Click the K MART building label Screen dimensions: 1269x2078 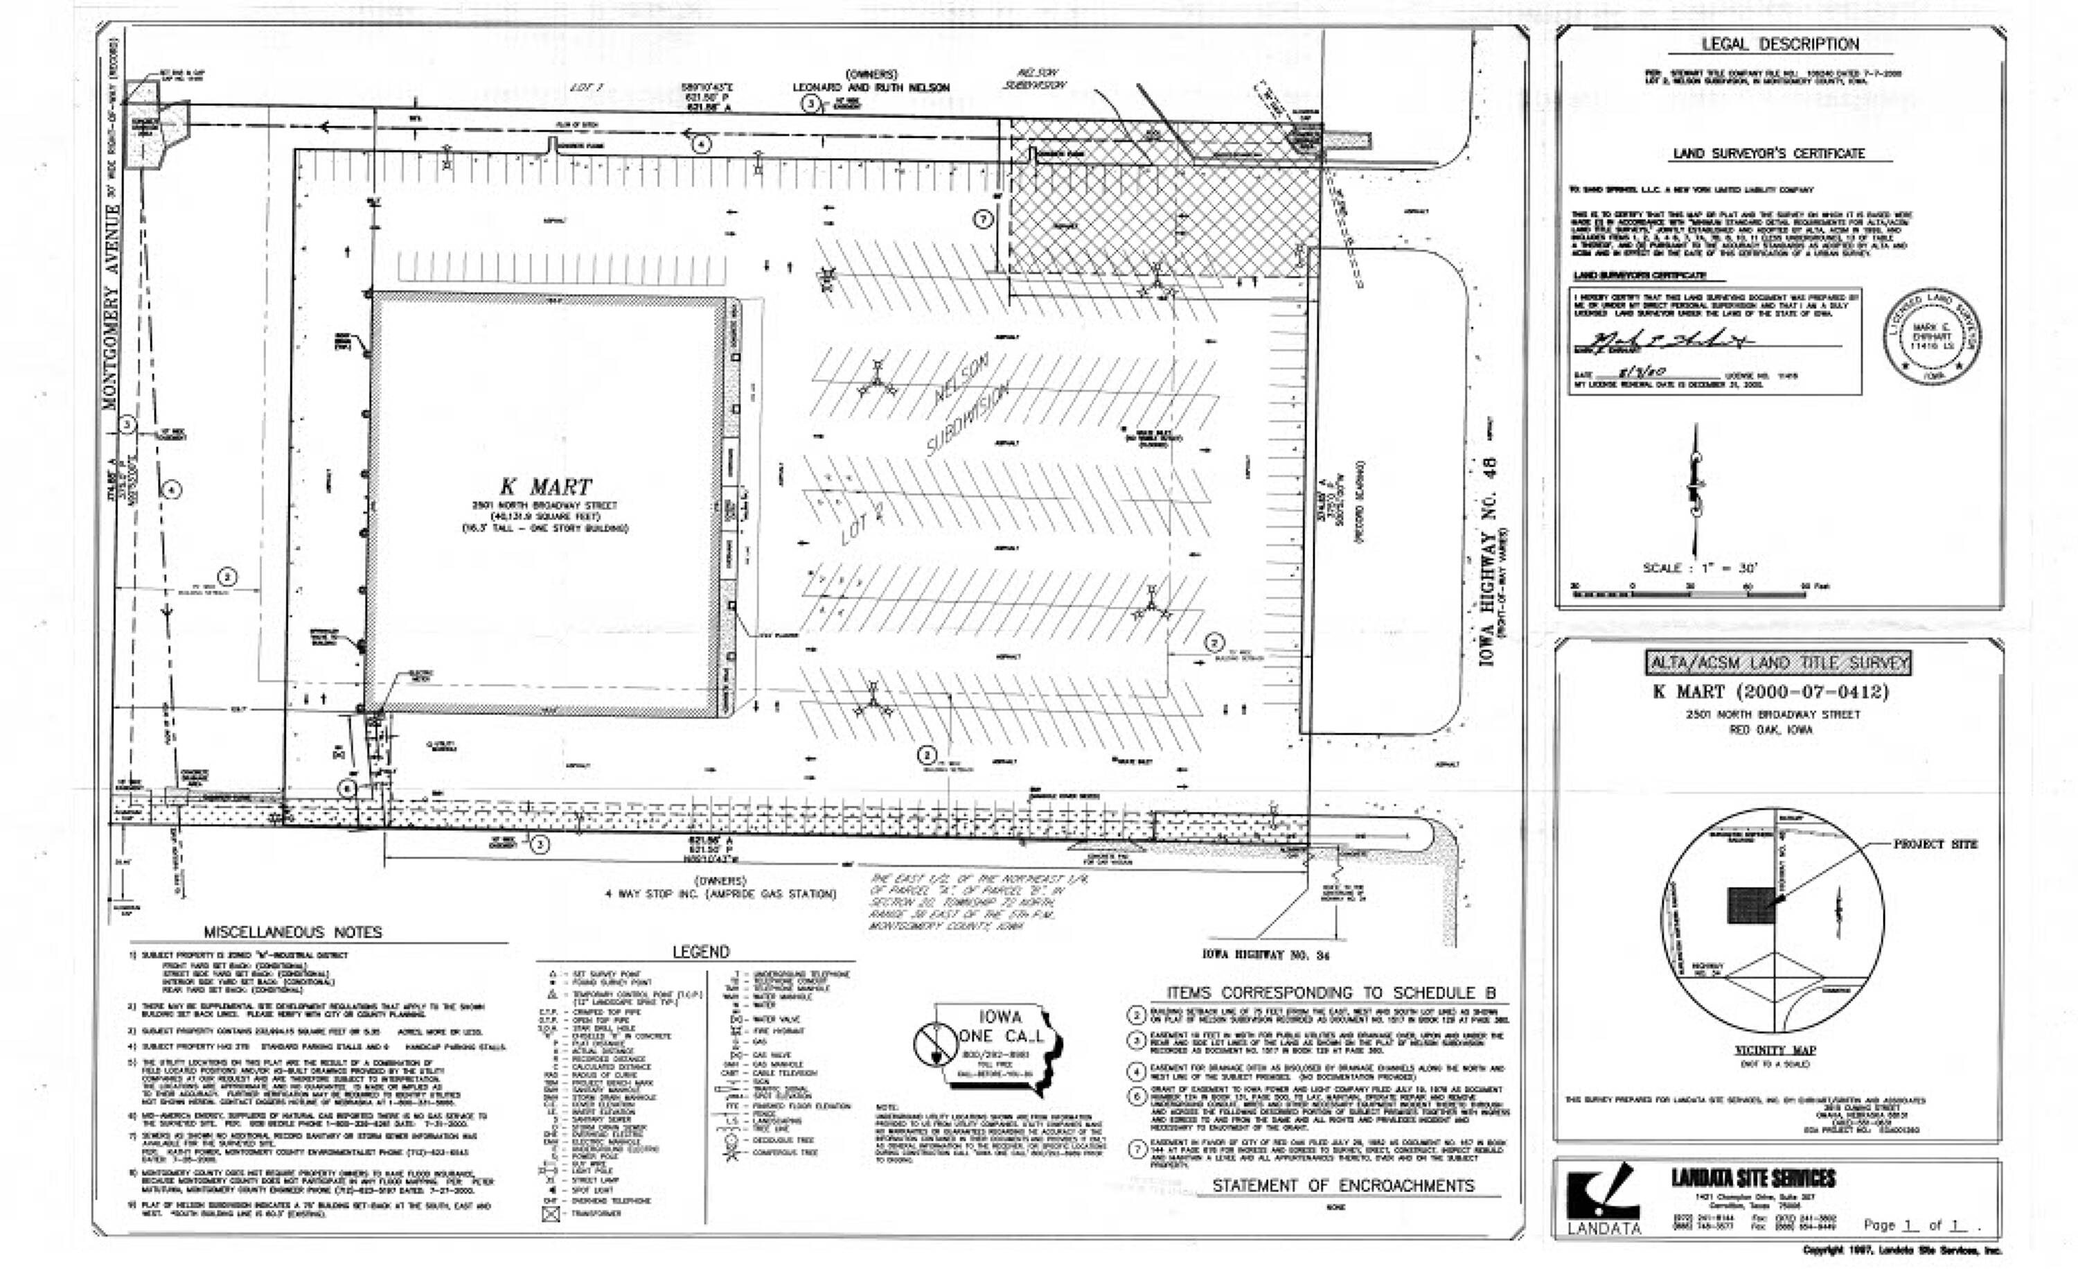[x=546, y=487]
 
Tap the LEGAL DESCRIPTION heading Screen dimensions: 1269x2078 [x=1779, y=44]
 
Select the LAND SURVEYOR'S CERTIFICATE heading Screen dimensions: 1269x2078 [x=1768, y=154]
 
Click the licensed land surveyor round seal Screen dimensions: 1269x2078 [x=1931, y=337]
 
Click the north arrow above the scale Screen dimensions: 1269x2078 [x=1696, y=489]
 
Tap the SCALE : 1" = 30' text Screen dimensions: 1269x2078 [x=1699, y=568]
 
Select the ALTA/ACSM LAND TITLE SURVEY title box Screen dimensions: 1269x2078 [x=1778, y=663]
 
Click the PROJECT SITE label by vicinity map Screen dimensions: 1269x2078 [x=1935, y=843]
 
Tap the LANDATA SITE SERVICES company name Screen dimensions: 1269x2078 [x=1752, y=1178]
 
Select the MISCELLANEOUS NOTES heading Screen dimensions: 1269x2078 [x=292, y=932]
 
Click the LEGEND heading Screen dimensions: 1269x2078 [x=700, y=952]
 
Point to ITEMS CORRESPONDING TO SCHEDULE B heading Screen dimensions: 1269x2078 [x=1331, y=992]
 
